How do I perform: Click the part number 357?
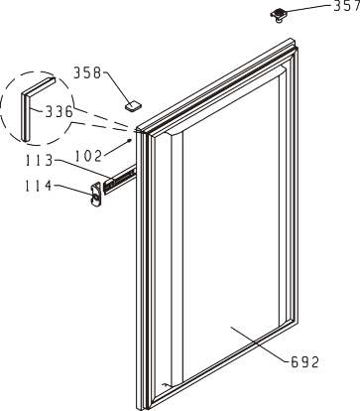pyautogui.click(x=346, y=6)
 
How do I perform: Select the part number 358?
pyautogui.click(x=87, y=73)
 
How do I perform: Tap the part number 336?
pyautogui.click(x=59, y=112)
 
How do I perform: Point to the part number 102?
pyautogui.click(x=87, y=156)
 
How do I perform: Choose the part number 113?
pyautogui.click(x=39, y=161)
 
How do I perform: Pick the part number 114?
pyautogui.click(x=39, y=186)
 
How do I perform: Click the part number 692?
pyautogui.click(x=305, y=362)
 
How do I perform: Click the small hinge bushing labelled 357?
pyautogui.click(x=278, y=15)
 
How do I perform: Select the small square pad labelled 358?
pyautogui.click(x=133, y=106)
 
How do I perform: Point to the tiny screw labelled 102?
pyautogui.click(x=131, y=141)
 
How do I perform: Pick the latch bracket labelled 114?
pyautogui.click(x=95, y=194)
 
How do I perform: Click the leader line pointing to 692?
pyautogui.click(x=258, y=344)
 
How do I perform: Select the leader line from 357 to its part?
pyautogui.click(x=308, y=9)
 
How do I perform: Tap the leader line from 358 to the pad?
pyautogui.click(x=117, y=87)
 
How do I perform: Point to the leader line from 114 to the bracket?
pyautogui.click(x=72, y=190)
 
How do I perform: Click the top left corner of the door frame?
pyautogui.click(x=137, y=129)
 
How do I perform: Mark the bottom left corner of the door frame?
pyautogui.click(x=137, y=408)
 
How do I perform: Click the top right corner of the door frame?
pyautogui.click(x=292, y=39)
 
